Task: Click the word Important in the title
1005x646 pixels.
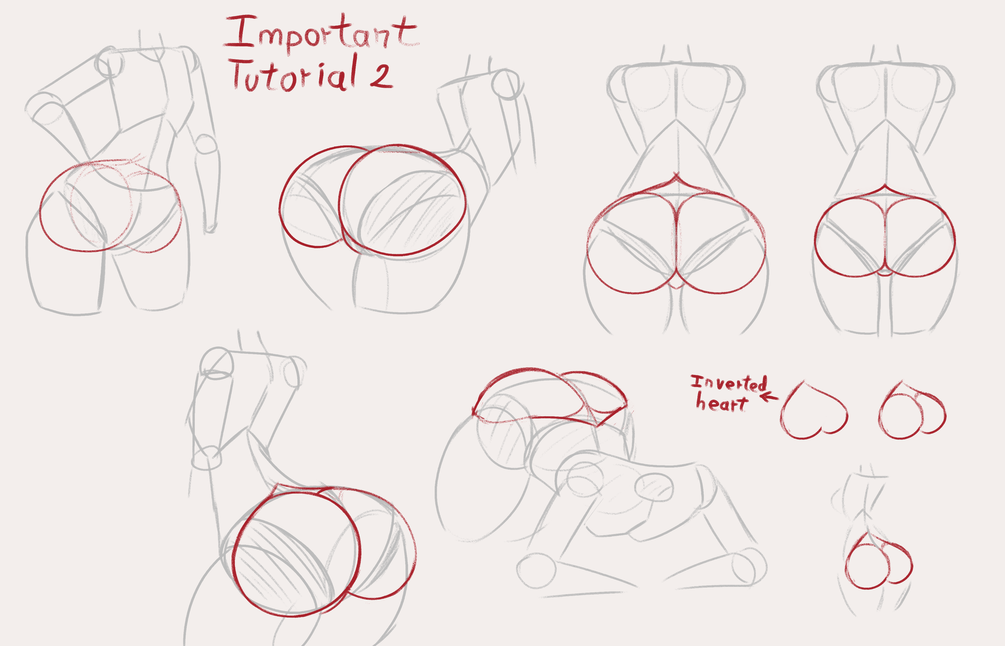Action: (321, 34)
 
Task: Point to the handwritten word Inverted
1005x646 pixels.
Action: (729, 383)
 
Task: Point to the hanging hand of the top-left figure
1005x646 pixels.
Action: (210, 218)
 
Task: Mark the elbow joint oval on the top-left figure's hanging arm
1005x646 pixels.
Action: (206, 145)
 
